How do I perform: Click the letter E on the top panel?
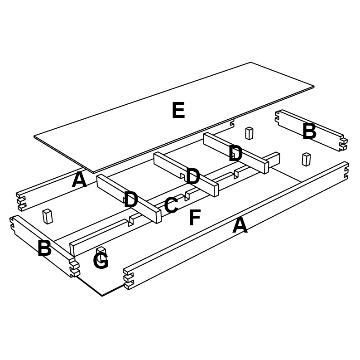point(178,110)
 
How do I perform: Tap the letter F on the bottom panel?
point(195,217)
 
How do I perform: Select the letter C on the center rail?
point(171,205)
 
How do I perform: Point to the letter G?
point(101,260)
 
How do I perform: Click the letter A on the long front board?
point(240,225)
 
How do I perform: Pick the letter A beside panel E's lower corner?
point(79,180)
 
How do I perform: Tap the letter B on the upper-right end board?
point(309,131)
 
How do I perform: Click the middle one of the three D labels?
point(193,176)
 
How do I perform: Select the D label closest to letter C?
point(130,199)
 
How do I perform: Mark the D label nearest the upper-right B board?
point(235,153)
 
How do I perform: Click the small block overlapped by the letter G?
point(101,253)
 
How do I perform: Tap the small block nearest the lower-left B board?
point(48,216)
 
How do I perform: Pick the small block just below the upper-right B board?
point(306,159)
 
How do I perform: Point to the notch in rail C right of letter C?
point(187,195)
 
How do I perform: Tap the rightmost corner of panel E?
point(314,87)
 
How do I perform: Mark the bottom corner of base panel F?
point(102,296)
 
